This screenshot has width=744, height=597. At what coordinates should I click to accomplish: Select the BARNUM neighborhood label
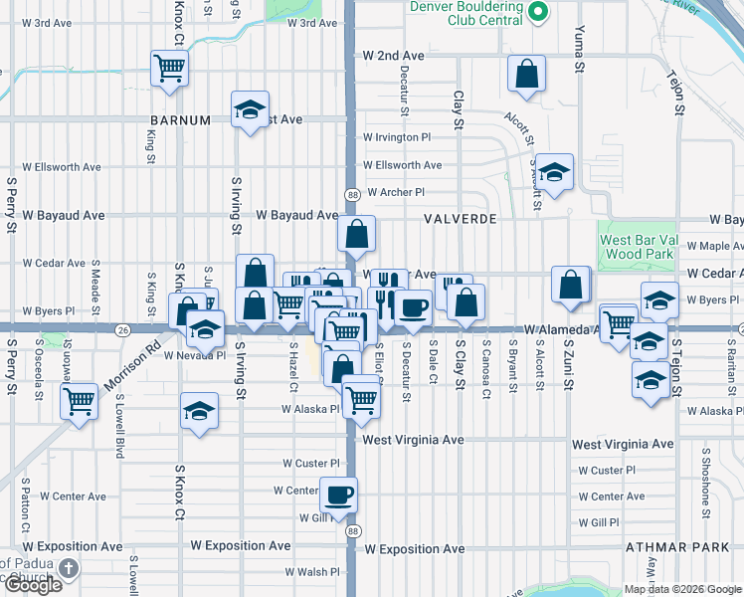(x=181, y=120)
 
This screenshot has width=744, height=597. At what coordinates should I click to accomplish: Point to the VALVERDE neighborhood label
(x=459, y=218)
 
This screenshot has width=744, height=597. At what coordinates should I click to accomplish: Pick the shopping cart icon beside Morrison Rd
(x=79, y=402)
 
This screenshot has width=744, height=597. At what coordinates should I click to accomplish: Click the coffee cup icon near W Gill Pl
(x=338, y=494)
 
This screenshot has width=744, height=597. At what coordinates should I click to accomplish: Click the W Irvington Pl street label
(x=397, y=137)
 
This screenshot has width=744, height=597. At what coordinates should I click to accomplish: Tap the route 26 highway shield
(x=122, y=329)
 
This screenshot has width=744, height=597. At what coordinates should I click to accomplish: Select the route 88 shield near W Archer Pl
(x=353, y=194)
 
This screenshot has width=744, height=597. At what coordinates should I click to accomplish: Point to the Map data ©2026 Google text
(x=681, y=588)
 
